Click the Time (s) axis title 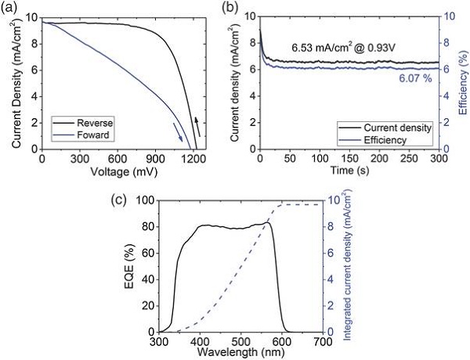point(349,170)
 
